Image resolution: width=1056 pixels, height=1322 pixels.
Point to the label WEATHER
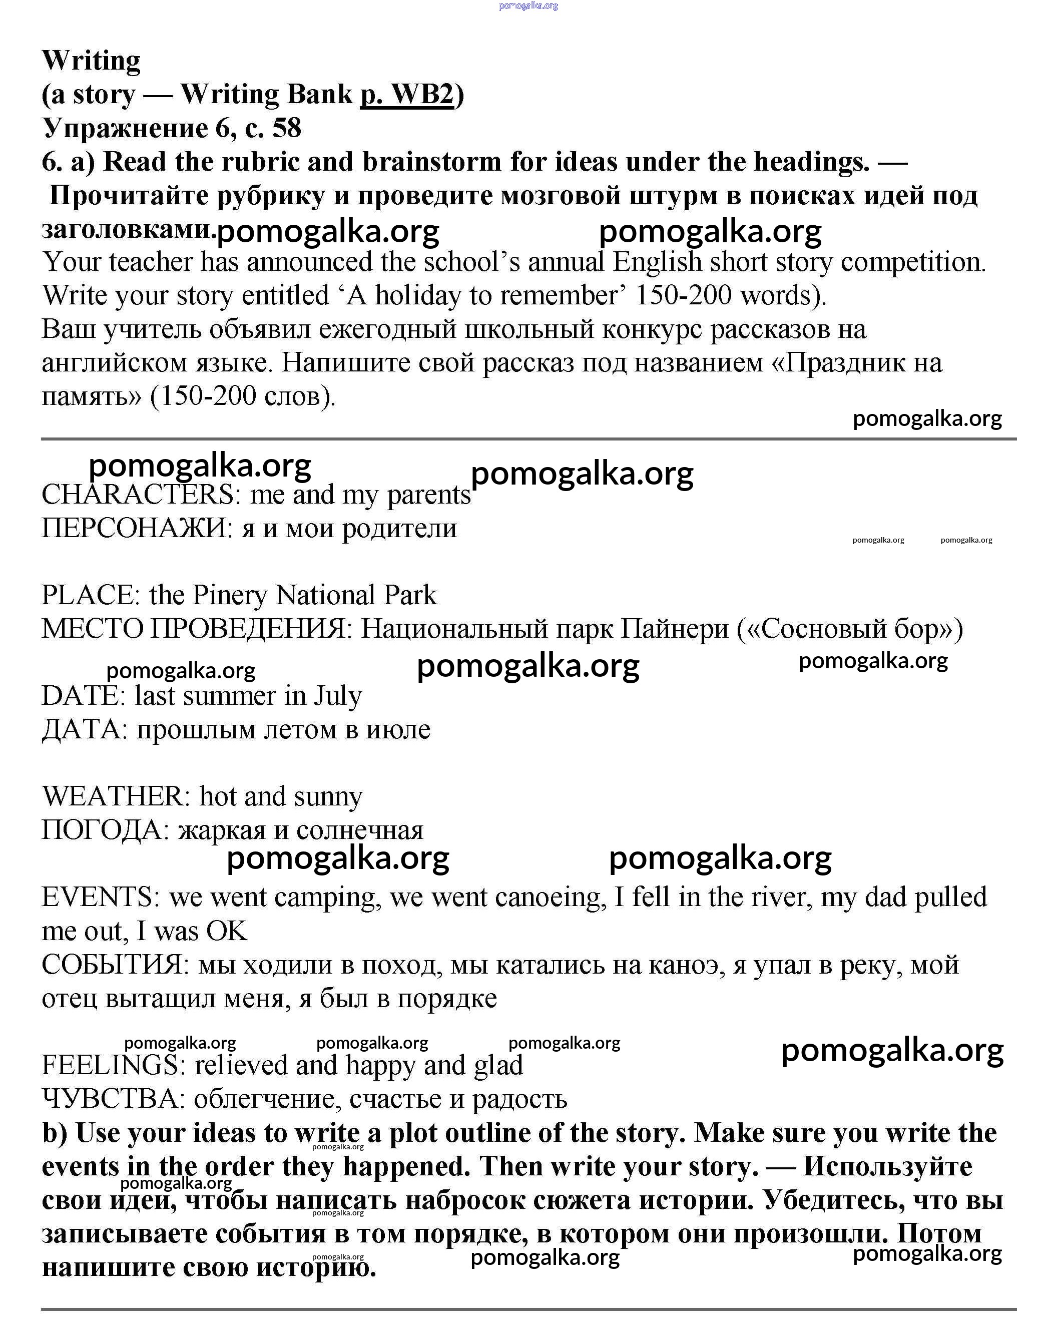click(112, 796)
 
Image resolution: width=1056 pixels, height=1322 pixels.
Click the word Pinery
click(232, 595)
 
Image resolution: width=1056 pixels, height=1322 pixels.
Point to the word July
click(338, 696)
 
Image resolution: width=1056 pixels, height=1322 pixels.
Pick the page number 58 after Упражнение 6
click(286, 129)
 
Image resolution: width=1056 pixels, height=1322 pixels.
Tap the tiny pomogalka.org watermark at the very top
click(529, 6)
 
